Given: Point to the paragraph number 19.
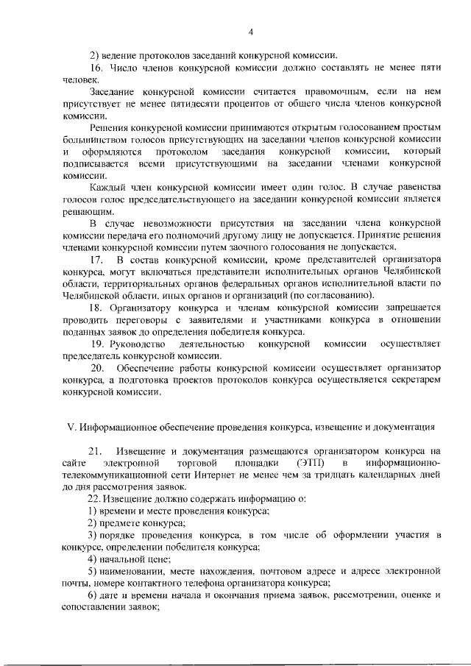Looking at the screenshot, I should pyautogui.click(x=97, y=344).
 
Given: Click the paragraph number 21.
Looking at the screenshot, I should pyautogui.click(x=95, y=450).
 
